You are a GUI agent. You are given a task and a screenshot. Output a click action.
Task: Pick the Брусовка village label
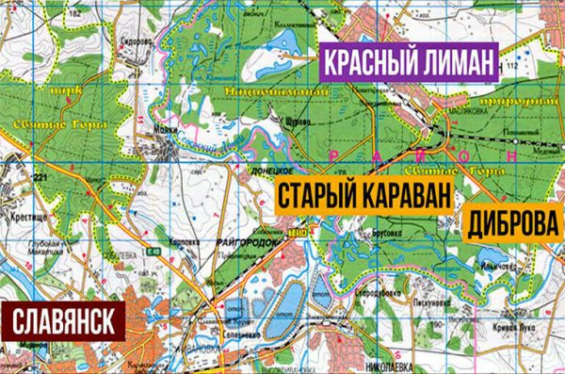pos(387,232)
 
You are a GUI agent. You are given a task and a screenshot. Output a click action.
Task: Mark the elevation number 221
pos(40,178)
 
